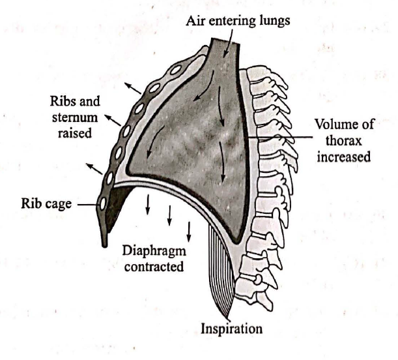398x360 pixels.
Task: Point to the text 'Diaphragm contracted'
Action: click(153, 258)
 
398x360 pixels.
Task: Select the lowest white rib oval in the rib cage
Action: click(104, 203)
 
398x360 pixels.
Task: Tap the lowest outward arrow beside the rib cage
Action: click(94, 170)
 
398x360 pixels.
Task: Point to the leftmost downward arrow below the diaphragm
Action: click(148, 205)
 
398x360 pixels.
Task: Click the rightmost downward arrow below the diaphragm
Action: click(189, 230)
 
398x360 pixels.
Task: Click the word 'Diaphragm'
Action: click(153, 251)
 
